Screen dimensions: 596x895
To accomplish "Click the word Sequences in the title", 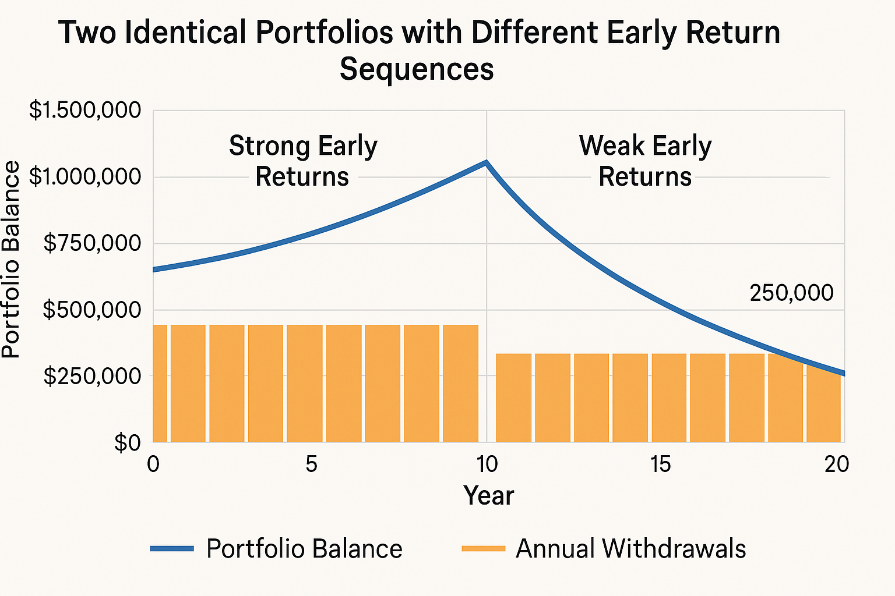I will [417, 69].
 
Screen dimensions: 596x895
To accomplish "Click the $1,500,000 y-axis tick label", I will [85, 110].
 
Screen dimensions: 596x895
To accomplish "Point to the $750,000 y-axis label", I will [92, 243].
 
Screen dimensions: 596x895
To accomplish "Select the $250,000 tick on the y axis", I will [92, 376].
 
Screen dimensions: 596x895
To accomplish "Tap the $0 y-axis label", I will [127, 443].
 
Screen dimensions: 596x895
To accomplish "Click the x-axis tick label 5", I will [311, 464].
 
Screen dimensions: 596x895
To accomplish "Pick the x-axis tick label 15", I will [660, 464].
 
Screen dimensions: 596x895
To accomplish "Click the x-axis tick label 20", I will [836, 464].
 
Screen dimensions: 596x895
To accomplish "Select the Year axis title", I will [488, 496].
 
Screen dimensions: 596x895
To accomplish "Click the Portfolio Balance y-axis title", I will [12, 260].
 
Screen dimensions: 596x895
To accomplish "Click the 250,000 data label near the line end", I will [791, 293].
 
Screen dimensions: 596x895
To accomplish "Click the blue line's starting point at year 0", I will [154, 269].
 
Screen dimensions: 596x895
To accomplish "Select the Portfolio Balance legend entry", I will [277, 549].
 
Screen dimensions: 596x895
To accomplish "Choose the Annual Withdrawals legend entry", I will [604, 549].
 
